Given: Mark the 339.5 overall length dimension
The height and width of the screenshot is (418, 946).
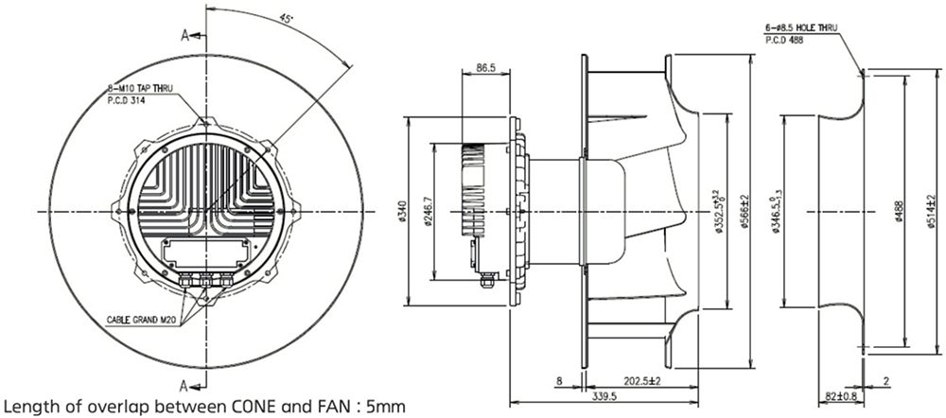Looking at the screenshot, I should click(x=603, y=397).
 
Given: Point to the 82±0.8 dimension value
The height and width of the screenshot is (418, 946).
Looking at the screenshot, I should click(x=836, y=396).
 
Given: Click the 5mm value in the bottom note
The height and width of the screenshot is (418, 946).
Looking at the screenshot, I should click(x=389, y=408).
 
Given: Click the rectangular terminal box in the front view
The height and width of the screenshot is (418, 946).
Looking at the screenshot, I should click(x=205, y=253).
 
